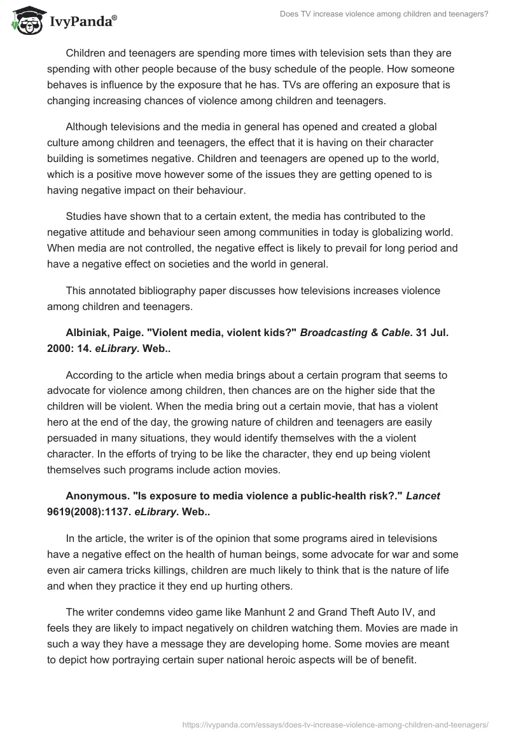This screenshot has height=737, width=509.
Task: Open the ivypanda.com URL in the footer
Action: coord(335,723)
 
